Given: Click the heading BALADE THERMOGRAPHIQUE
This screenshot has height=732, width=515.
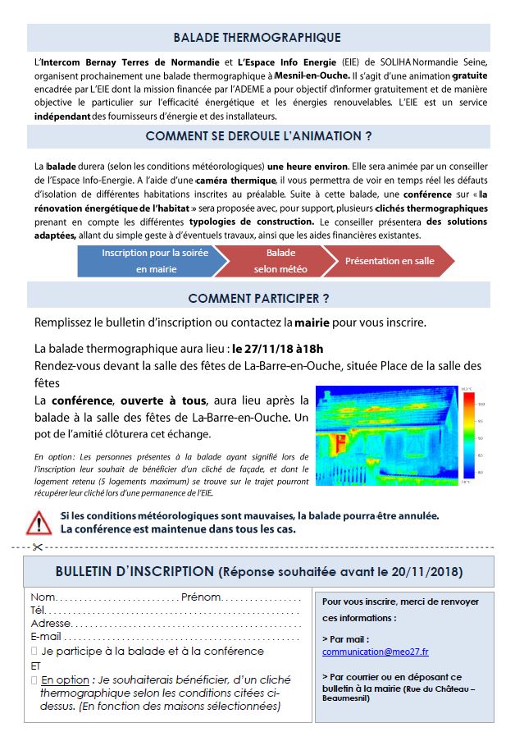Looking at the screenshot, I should tap(257, 38).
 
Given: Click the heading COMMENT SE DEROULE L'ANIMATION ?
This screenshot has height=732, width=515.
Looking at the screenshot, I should tap(257, 136).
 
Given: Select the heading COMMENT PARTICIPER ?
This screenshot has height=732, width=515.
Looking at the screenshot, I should tap(257, 298).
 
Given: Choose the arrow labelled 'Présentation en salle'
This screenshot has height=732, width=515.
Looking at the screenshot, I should tap(390, 261).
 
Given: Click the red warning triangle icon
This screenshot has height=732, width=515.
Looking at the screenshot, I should tap(39, 522).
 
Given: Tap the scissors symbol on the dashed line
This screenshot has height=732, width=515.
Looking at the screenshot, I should tap(37, 547).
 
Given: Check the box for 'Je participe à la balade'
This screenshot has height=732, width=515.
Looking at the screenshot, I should tap(34, 652).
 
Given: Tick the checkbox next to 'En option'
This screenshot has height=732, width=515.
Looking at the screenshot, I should tap(34, 680).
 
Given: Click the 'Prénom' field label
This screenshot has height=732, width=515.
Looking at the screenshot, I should tap(201, 597).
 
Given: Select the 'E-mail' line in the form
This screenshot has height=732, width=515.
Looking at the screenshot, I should tap(164, 637).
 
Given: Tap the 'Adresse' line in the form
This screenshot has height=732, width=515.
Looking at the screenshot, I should tap(164, 624).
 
